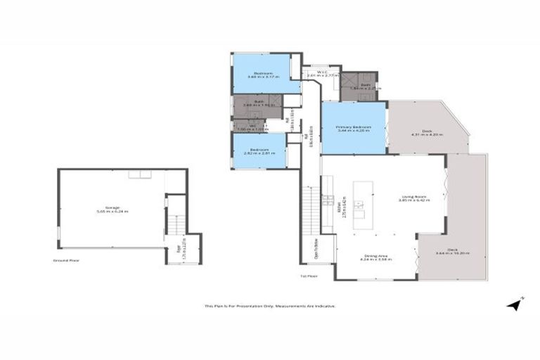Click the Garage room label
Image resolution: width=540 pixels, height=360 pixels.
(x=112, y=210)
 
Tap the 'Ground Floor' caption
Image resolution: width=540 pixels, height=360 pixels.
(x=65, y=260)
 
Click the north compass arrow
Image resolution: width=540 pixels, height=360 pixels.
(x=515, y=304)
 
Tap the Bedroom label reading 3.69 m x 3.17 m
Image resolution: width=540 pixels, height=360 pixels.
(x=263, y=75)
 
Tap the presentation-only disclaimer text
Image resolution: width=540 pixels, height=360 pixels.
(x=270, y=306)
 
